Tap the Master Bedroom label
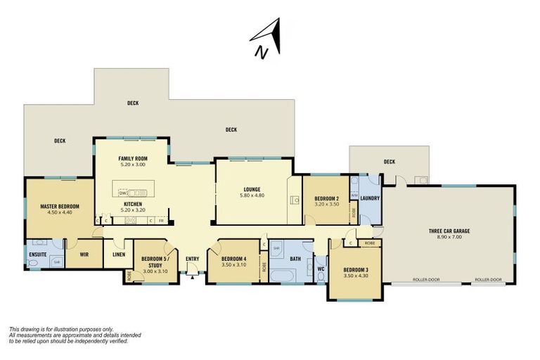60,206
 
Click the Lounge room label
252,188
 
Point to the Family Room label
132,159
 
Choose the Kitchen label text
132,204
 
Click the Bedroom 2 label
327,198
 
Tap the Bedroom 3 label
355,269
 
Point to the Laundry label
370,198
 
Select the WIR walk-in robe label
84,254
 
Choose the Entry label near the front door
192,259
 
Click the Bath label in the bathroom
295,259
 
